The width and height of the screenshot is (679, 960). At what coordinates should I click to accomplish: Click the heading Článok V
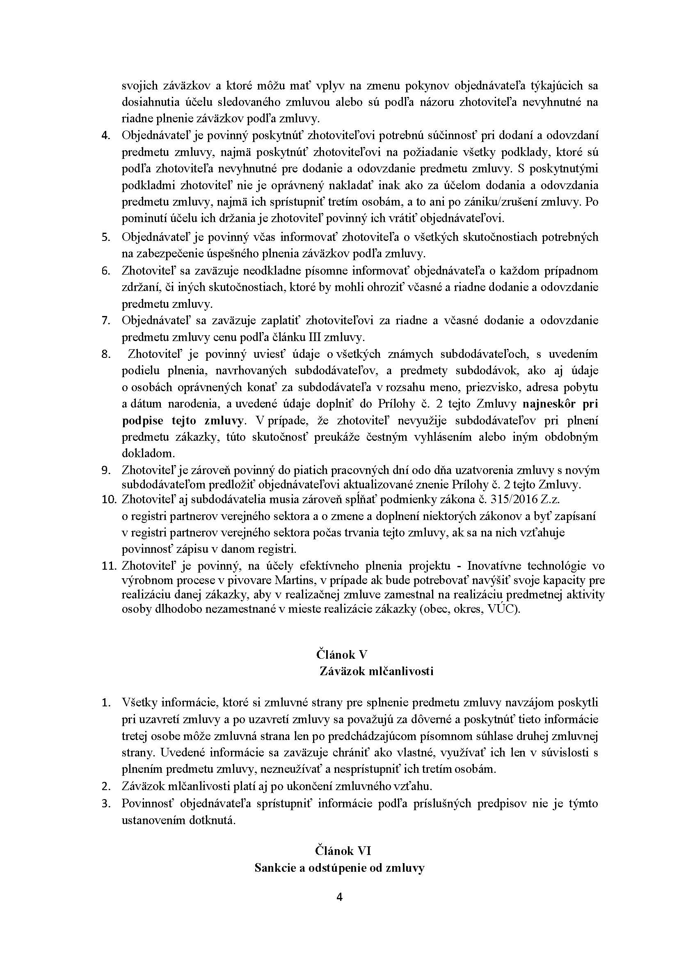click(x=342, y=654)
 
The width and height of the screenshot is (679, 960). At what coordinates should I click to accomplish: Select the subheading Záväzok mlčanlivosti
click(x=376, y=671)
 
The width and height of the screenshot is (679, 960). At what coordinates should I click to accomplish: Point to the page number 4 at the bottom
click(x=340, y=897)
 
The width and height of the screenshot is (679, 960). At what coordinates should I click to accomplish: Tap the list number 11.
click(x=108, y=566)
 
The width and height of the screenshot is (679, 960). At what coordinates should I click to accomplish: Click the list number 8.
click(x=105, y=354)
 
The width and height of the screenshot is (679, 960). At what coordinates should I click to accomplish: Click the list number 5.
click(x=105, y=237)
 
